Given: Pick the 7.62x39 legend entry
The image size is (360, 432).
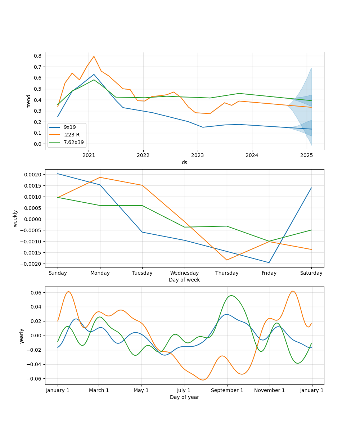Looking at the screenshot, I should pyautogui.click(x=73, y=142).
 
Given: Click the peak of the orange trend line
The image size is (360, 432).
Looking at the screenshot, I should pyautogui.click(x=94, y=56).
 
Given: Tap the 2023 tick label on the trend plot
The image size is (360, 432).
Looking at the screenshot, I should pyautogui.click(x=197, y=155).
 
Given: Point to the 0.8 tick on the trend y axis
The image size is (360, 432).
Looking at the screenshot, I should pyautogui.click(x=37, y=56).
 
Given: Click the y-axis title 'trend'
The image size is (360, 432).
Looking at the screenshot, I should pyautogui.click(x=29, y=101).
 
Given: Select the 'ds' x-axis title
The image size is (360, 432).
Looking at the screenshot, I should pyautogui.click(x=184, y=162).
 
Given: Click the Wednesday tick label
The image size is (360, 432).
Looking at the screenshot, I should pyautogui.click(x=184, y=273).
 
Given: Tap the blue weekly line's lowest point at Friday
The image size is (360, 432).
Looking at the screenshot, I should pyautogui.click(x=269, y=262).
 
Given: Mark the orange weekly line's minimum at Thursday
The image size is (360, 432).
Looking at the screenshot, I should pyautogui.click(x=227, y=260).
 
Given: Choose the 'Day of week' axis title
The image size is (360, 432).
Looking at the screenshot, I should pyautogui.click(x=184, y=280).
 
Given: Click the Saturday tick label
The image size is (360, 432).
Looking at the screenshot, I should pyautogui.click(x=311, y=273).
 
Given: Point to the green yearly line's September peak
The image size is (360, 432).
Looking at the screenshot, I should pyautogui.click(x=231, y=296).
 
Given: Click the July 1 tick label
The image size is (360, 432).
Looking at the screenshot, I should pyautogui.click(x=184, y=390).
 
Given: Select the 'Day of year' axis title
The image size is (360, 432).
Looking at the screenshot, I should pyautogui.click(x=184, y=397).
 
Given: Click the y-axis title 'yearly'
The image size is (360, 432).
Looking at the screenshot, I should pyautogui.click(x=22, y=336).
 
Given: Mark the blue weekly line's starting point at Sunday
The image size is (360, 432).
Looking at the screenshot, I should pyautogui.click(x=58, y=174).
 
